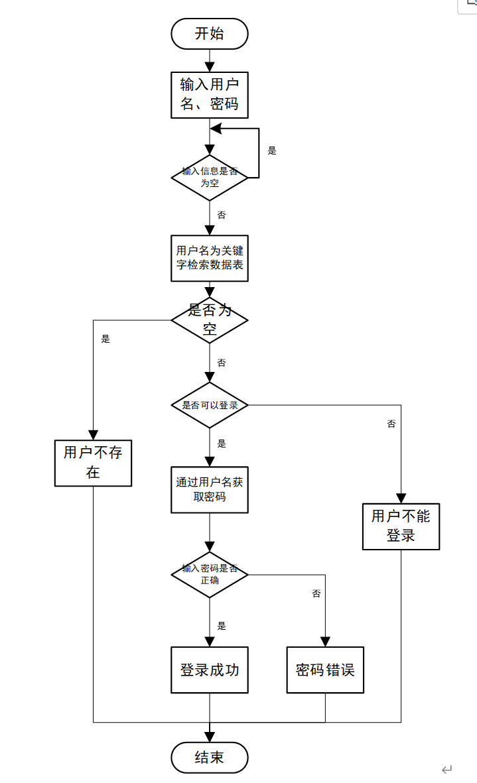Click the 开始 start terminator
click(209, 34)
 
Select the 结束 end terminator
click(209, 758)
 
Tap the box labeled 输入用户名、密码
click(209, 95)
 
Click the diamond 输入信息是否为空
click(209, 177)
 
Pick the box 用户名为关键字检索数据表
click(209, 258)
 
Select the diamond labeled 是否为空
click(209, 320)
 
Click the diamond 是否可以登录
click(209, 405)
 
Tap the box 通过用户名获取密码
click(209, 489)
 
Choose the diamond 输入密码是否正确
click(209, 574)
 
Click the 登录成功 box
click(209, 670)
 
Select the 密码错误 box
click(325, 670)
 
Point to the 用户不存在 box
click(93, 462)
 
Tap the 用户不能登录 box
click(401, 526)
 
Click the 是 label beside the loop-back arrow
click(272, 151)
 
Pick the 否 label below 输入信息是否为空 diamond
click(222, 215)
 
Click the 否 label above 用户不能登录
click(391, 424)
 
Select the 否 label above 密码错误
click(316, 593)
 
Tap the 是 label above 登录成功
click(222, 625)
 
